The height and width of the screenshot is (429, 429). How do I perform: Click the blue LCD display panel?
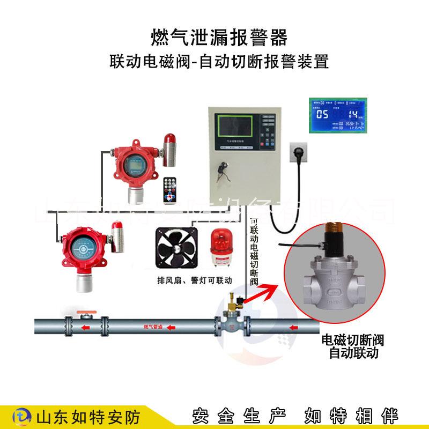[x=338, y=115]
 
